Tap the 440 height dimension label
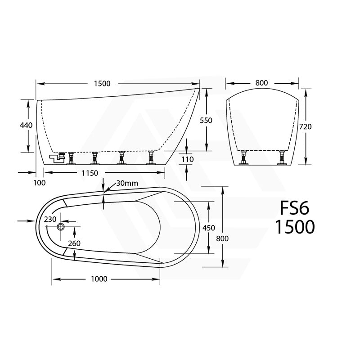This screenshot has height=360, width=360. [27, 125]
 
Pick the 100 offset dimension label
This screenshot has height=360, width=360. [40, 182]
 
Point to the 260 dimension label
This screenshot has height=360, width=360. [74, 243]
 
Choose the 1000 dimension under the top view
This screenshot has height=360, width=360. [99, 279]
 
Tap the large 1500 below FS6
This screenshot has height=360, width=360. [295, 227]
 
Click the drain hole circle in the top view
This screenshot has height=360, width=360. [61, 228]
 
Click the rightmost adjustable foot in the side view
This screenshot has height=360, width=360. [151, 158]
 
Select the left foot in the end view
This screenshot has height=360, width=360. [244, 158]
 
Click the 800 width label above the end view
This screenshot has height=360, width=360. [261, 83]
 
